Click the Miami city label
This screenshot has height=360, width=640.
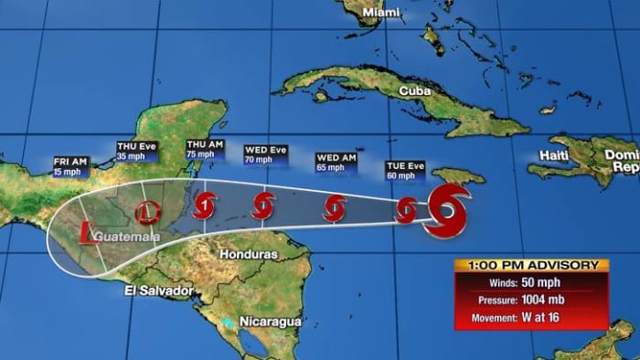382,12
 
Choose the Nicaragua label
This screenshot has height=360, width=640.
269,322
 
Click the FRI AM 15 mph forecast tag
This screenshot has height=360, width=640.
70,165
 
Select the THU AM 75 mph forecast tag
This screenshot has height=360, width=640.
206,150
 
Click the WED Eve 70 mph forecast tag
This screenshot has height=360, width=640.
265,154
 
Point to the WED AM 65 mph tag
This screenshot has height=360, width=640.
336,163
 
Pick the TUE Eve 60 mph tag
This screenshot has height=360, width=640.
405,170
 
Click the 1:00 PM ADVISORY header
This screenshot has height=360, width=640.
531,265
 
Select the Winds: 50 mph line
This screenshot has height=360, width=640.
531,281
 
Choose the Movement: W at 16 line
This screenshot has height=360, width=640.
531,317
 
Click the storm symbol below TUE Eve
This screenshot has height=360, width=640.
407,210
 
